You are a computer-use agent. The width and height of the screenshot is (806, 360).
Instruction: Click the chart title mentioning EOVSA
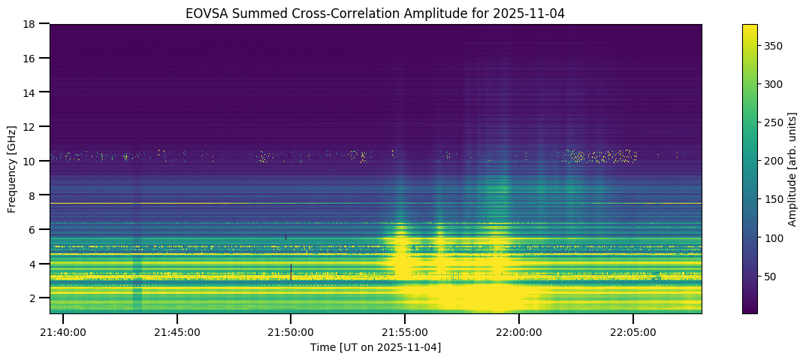pos(375,13)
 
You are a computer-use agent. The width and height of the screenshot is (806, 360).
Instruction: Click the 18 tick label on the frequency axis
pos(32,24)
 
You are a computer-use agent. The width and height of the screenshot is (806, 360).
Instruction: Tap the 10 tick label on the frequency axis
pos(32,161)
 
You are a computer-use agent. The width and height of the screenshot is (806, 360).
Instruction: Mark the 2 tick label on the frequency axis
pos(35,298)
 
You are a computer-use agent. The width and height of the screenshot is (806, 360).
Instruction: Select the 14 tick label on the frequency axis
pos(32,92)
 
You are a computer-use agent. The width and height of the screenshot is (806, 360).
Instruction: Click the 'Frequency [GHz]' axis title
pos(12,168)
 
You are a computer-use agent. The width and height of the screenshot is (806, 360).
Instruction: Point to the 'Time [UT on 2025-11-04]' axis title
pos(376,346)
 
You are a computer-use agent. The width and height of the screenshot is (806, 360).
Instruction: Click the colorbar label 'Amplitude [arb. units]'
pos(792,168)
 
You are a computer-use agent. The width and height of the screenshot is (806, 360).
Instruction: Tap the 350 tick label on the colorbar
pos(773,46)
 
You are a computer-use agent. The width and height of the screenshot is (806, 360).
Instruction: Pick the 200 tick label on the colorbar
pos(773,161)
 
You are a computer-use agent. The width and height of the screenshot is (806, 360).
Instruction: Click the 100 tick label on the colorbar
pos(773,238)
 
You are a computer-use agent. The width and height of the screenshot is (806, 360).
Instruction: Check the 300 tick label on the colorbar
pos(773,84)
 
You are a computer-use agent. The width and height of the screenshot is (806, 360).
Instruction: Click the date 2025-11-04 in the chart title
pos(536,13)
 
